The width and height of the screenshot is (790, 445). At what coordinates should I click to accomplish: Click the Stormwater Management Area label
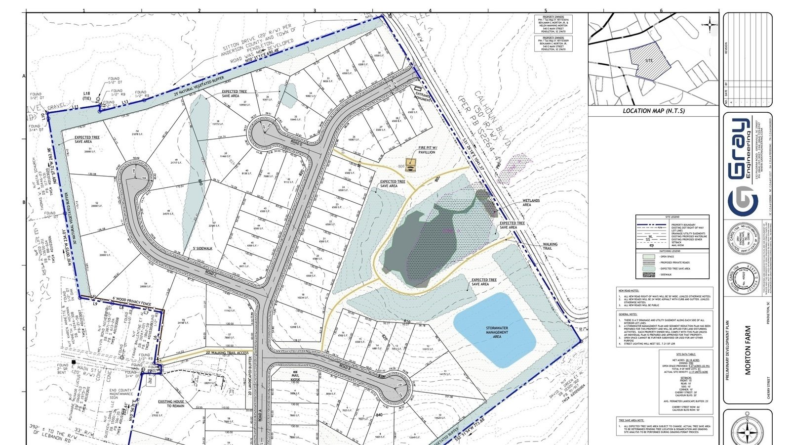pyautogui.click(x=497, y=332)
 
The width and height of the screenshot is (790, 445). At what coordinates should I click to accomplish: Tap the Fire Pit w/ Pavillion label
pyautogui.click(x=427, y=150)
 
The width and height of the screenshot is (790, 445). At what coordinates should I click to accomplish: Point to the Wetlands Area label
pyautogui.click(x=531, y=203)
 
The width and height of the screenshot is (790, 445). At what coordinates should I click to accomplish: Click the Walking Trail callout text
pyautogui.click(x=550, y=246)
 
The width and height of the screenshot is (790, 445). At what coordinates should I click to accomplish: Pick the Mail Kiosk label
pyautogui.click(x=296, y=378)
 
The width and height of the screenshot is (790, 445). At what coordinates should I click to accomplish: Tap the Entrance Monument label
pyautogui.click(x=423, y=97)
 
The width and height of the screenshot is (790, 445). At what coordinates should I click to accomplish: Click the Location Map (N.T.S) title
pyautogui.click(x=654, y=111)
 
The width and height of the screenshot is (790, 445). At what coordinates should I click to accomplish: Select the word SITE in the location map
pyautogui.click(x=649, y=60)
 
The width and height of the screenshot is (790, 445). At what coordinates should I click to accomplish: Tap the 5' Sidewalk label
pyautogui.click(x=202, y=248)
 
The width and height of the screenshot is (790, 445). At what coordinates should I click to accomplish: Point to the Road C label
pyautogui.click(x=210, y=272)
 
